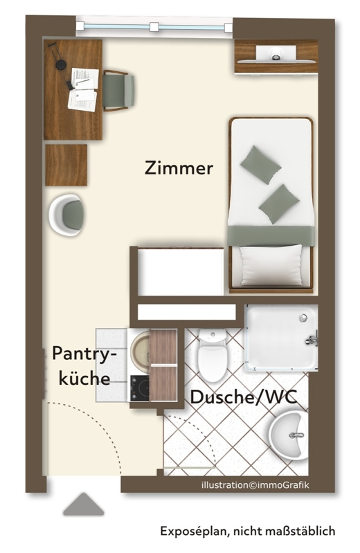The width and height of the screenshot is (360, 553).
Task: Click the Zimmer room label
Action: tap(179, 168)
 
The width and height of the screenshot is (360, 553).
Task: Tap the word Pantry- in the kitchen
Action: tap(84, 354)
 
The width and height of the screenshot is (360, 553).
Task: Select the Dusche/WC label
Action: tap(244, 397)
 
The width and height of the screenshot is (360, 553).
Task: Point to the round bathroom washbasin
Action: tap(289, 435)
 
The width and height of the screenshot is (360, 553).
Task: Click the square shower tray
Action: tap(281, 338)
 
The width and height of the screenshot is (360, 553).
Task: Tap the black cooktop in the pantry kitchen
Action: tap(140, 388)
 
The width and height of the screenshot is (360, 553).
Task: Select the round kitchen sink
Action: tap(141, 350)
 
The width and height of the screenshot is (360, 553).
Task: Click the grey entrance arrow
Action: tap(84, 504)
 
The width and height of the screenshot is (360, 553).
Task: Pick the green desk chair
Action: tap(118, 91)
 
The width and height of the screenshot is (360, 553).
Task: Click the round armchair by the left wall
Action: tap(66, 215)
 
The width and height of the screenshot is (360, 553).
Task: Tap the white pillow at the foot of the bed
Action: tap(271, 265)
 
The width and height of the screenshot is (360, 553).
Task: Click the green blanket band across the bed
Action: tap(271, 235)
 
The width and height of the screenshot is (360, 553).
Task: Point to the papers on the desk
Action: tap(83, 89)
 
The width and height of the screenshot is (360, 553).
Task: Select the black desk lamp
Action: tap(61, 66)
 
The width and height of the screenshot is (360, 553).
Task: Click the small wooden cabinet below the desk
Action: tap(66, 165)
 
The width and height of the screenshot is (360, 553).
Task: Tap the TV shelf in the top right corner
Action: tap(276, 57)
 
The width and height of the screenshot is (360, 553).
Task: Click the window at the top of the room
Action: tap(154, 27)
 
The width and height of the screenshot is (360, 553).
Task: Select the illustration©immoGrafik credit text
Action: tap(255, 485)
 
